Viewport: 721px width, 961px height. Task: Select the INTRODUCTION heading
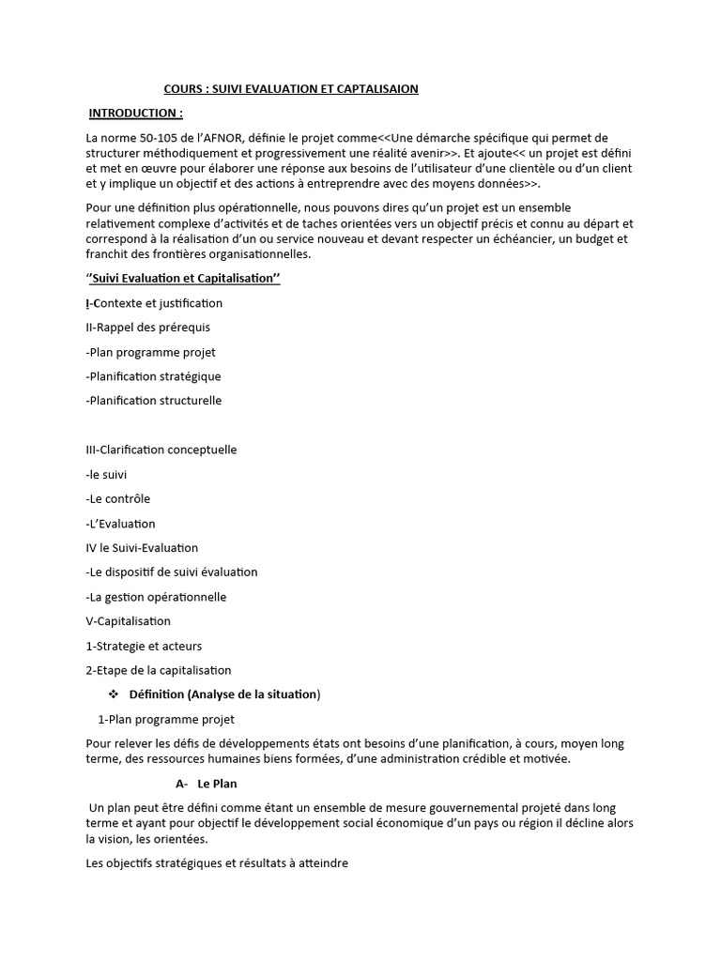pyautogui.click(x=135, y=114)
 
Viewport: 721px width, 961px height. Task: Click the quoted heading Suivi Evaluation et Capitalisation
pyautogui.click(x=183, y=279)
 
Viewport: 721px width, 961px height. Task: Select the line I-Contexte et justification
pyautogui.click(x=154, y=303)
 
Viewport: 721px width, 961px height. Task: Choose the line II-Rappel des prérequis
pyautogui.click(x=147, y=328)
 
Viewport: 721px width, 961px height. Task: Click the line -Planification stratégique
pyautogui.click(x=153, y=376)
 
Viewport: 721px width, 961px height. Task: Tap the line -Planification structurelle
pyautogui.click(x=153, y=401)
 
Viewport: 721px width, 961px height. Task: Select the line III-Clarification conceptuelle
pyautogui.click(x=161, y=450)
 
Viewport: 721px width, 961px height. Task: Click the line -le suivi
pyautogui.click(x=106, y=474)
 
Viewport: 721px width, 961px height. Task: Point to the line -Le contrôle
pyautogui.click(x=117, y=498)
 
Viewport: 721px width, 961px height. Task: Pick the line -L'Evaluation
pyautogui.click(x=120, y=524)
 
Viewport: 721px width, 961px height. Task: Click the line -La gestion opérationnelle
pyautogui.click(x=156, y=597)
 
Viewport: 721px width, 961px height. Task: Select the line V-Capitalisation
pyautogui.click(x=128, y=621)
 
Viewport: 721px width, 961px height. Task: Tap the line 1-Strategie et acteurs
pyautogui.click(x=144, y=646)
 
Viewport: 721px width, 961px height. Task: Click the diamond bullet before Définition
pyautogui.click(x=114, y=694)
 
